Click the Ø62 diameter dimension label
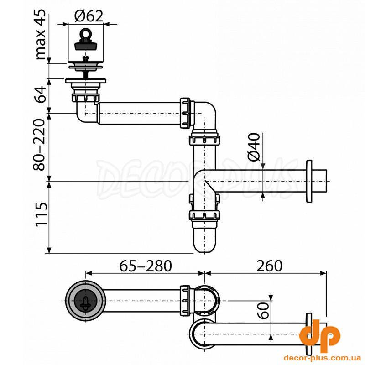[x=89, y=16]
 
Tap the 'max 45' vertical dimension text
[x=40, y=35]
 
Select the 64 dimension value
[x=40, y=94]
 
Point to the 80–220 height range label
[x=39, y=145]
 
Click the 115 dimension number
[x=41, y=214]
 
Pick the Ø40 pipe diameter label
[x=254, y=147]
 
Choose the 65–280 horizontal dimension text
[x=146, y=266]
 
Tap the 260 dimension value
[x=269, y=266]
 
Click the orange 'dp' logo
[x=319, y=334]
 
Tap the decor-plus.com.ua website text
[x=319, y=357]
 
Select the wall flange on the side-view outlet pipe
[x=309, y=181]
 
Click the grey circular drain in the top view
[x=86, y=301]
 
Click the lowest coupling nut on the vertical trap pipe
[x=204, y=215]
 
